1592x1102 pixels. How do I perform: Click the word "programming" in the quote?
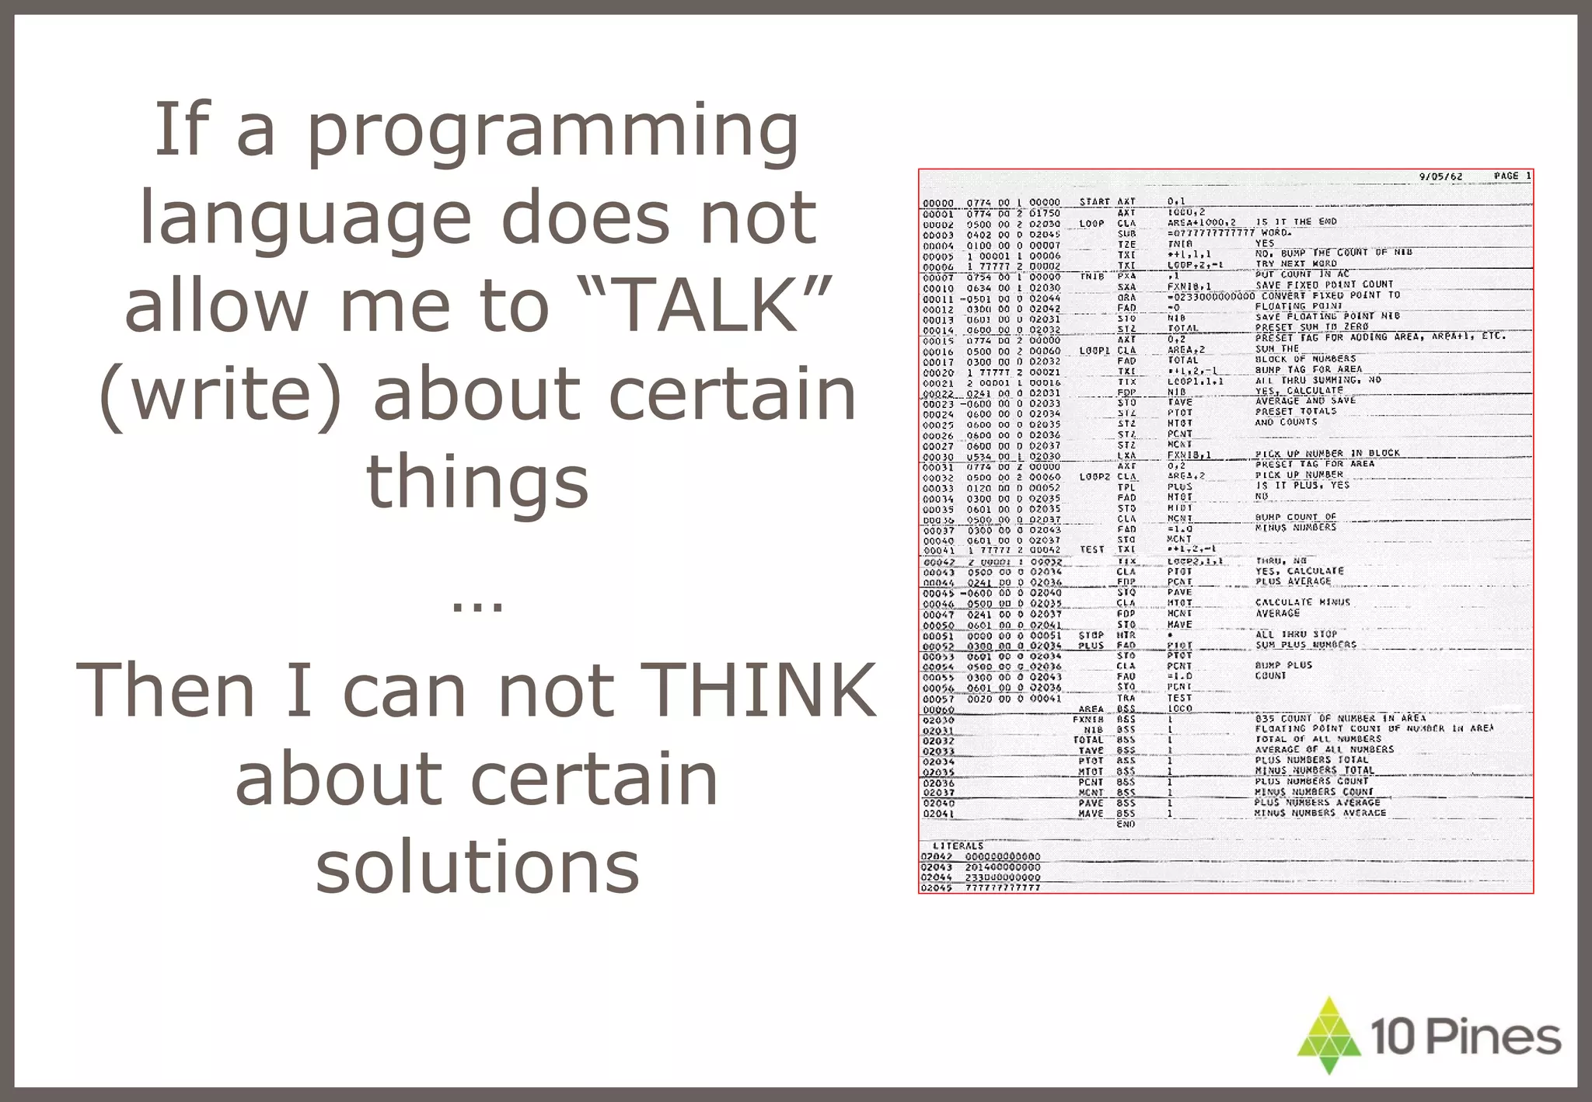coord(552,132)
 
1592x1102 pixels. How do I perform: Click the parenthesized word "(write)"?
coord(221,395)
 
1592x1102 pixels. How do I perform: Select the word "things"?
coord(477,482)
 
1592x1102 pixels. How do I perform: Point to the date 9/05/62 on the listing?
coord(1440,177)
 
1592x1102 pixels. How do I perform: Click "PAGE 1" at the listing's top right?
coord(1512,176)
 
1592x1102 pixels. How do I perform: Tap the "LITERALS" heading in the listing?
coord(958,846)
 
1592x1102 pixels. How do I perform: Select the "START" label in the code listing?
coord(1094,202)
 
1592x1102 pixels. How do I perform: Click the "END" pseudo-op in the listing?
coord(1126,824)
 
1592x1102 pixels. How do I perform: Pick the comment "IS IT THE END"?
coord(1297,222)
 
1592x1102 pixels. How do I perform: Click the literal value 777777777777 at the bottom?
coord(1003,888)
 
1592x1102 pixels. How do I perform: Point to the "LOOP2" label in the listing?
coord(1094,476)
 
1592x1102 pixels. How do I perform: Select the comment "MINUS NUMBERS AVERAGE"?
coord(1320,813)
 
